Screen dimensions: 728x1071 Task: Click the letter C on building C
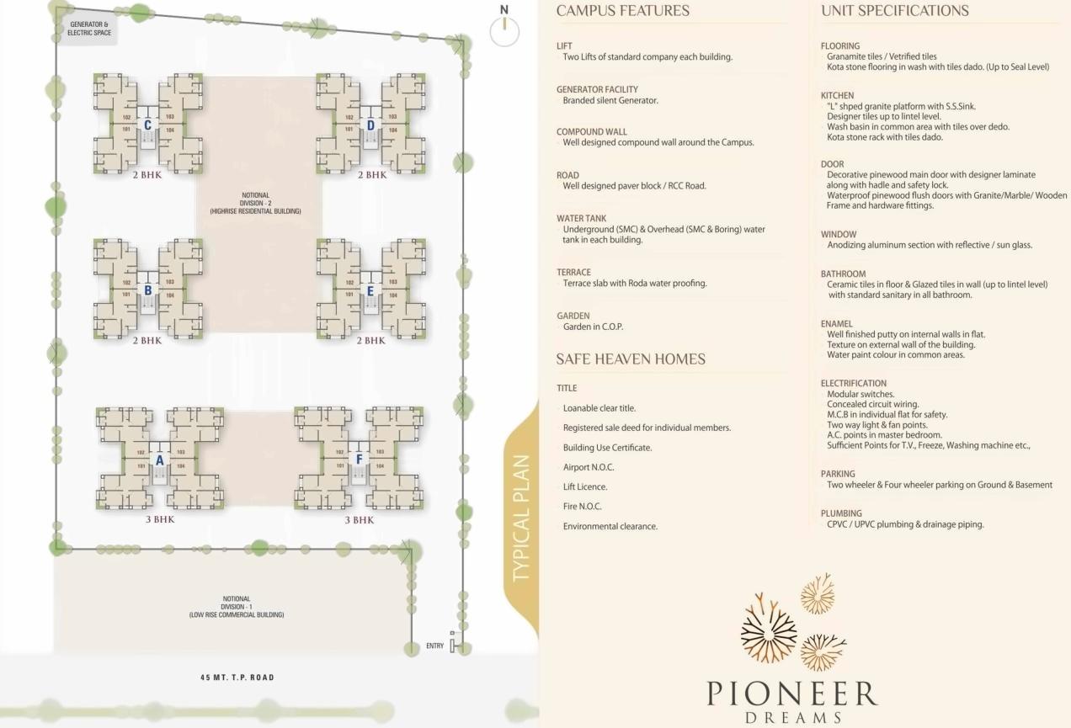tap(147, 125)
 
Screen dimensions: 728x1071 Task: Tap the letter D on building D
tap(370, 125)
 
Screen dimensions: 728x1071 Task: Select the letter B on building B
tap(147, 290)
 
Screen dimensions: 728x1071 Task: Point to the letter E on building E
tap(370, 290)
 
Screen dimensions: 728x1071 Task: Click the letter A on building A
tap(159, 460)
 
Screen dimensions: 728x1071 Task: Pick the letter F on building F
tap(359, 460)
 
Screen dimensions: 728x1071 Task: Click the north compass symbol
tap(504, 30)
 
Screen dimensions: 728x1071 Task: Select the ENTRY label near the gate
tap(434, 646)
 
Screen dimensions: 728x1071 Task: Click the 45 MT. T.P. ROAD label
tap(237, 678)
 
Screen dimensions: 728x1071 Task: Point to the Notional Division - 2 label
tap(258, 203)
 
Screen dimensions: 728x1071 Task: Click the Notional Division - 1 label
tap(237, 607)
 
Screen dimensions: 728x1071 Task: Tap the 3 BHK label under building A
tap(159, 520)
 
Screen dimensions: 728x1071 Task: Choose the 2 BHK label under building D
tap(371, 175)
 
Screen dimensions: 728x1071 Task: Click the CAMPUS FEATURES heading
tap(622, 11)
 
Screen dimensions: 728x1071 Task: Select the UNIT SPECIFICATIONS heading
tap(894, 11)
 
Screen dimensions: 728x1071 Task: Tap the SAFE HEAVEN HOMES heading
tap(630, 359)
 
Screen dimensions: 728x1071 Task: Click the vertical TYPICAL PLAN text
tap(522, 518)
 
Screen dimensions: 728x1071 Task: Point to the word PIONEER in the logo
tap(791, 693)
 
